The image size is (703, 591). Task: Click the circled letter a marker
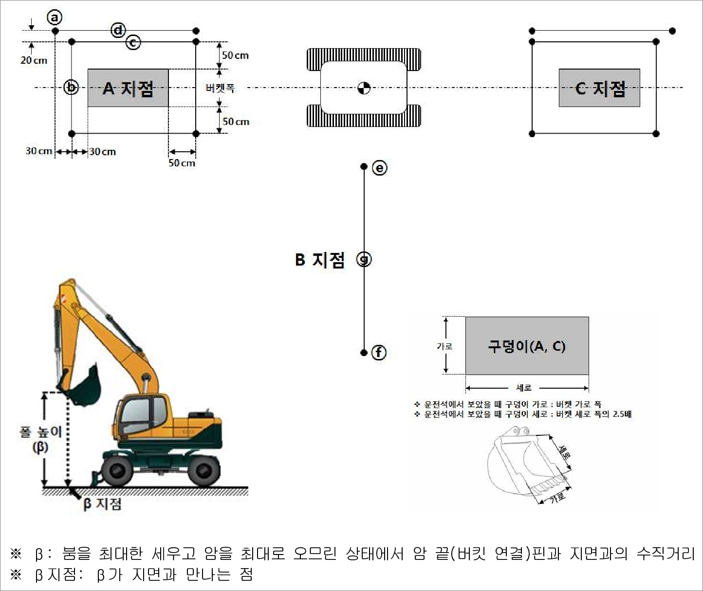55,18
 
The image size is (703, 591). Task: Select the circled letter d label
118,30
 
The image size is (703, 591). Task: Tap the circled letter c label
133,42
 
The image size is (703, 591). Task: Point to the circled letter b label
72,88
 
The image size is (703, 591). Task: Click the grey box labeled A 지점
128,88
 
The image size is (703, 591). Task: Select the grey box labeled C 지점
599,88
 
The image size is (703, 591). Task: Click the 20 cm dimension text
34,60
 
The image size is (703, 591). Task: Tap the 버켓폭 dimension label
220,88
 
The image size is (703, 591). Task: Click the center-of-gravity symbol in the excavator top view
364,88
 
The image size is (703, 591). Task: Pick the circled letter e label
379,168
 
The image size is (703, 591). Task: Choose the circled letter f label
379,352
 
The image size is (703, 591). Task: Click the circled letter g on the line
364,259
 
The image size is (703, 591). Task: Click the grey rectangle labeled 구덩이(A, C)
527,346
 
